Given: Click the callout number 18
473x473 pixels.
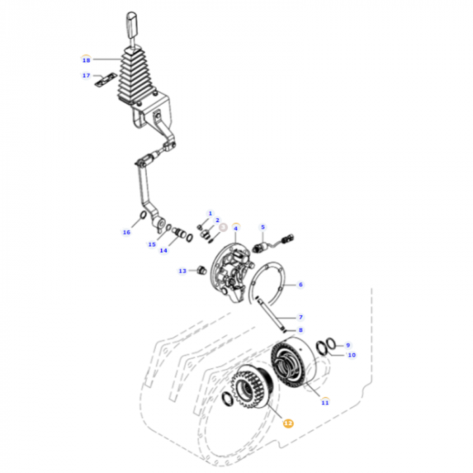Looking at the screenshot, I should [x=86, y=59].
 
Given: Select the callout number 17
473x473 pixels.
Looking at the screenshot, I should [x=86, y=76].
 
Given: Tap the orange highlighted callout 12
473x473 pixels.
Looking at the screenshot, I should [x=289, y=423].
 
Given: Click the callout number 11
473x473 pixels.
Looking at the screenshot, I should [x=324, y=403].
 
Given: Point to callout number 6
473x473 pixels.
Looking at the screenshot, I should [x=301, y=284].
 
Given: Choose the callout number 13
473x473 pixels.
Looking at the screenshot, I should [x=182, y=271].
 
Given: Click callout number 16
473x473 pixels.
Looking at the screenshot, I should [x=126, y=232].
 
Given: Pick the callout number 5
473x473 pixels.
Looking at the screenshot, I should [x=263, y=227].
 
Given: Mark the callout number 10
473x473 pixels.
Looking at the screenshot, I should [x=351, y=354].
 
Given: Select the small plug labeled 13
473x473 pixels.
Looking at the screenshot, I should [x=200, y=271].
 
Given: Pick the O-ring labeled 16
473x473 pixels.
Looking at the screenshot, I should [x=141, y=216].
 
